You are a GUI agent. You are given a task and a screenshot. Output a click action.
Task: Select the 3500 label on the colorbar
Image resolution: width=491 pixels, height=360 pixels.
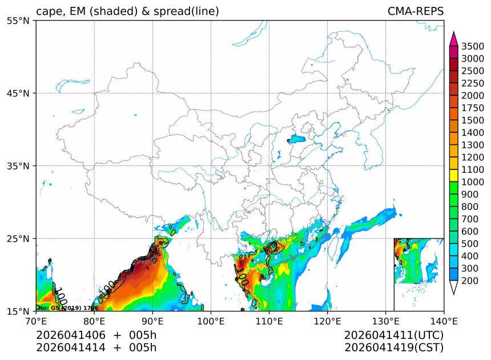(x=473, y=46)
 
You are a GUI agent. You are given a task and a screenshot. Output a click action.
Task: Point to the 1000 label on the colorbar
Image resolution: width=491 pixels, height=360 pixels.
(x=473, y=182)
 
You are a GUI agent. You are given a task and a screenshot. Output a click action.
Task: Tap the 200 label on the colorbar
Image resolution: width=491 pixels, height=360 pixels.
(x=470, y=281)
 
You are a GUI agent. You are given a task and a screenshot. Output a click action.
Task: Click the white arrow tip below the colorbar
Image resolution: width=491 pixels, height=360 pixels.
(x=454, y=289)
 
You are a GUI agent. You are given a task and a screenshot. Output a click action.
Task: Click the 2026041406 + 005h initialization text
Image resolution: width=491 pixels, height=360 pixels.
(x=96, y=335)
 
